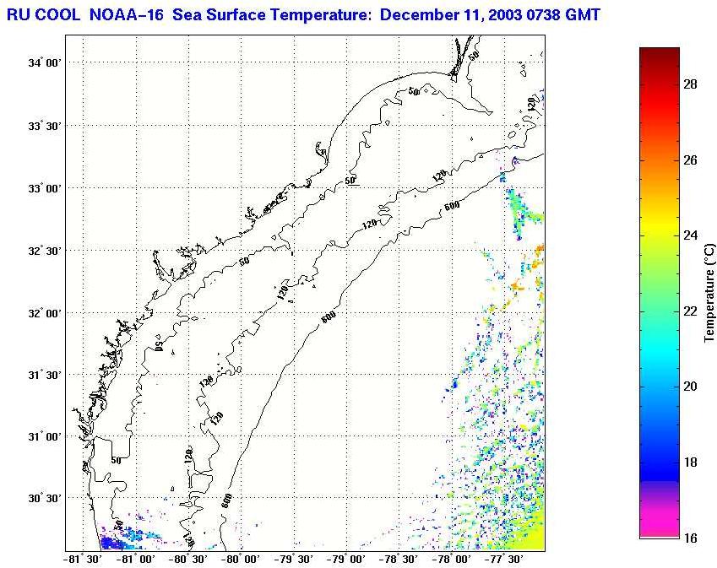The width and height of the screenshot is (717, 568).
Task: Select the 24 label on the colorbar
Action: [689, 235]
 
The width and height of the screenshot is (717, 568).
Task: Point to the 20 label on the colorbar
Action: [689, 387]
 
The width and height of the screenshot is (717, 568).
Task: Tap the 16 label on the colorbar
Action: [689, 538]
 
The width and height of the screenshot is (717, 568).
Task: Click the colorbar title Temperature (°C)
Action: [710, 291]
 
